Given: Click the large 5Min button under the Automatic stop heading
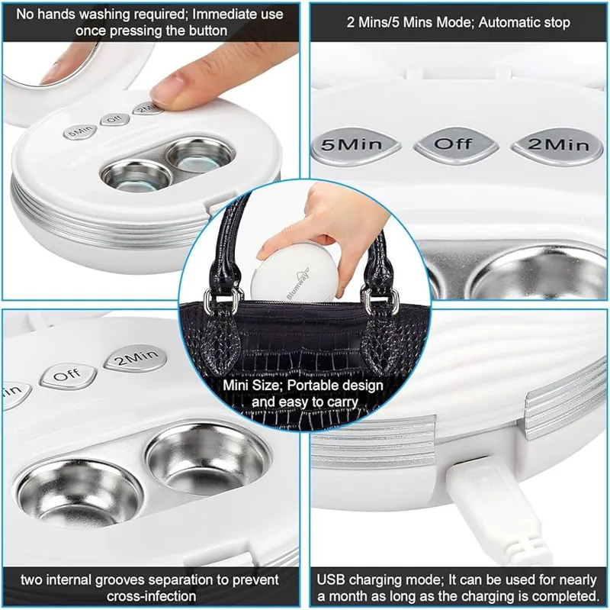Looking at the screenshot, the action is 356,146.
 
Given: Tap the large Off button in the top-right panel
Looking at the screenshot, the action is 456,145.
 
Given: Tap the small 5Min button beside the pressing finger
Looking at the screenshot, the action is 81,132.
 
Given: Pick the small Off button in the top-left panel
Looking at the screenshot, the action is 114,118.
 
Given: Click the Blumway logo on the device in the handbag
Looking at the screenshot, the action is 298,283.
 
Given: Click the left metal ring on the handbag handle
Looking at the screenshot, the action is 220,302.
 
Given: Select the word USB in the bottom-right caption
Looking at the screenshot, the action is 331,579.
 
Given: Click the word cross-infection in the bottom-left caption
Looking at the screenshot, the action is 151,596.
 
